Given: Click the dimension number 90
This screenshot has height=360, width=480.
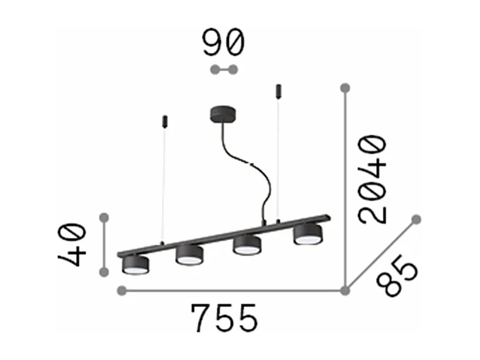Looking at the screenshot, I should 223,43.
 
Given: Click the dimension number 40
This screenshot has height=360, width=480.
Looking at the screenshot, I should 72,245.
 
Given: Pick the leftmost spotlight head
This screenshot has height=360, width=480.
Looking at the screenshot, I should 136,265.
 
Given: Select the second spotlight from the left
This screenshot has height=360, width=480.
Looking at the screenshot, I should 189,254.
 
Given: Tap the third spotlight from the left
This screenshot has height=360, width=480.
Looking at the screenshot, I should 247,244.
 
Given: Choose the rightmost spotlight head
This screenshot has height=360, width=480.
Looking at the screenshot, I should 307,234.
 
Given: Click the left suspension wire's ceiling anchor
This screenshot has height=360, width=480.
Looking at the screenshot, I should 164,120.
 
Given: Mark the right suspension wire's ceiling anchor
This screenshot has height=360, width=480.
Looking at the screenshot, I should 278,90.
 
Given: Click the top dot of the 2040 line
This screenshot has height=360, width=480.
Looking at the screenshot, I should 344,88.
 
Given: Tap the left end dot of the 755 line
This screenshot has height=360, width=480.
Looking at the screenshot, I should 121,291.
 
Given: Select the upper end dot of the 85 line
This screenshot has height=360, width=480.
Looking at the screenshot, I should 416,219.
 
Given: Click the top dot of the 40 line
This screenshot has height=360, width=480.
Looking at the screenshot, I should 104,217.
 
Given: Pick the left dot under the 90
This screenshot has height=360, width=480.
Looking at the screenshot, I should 214,70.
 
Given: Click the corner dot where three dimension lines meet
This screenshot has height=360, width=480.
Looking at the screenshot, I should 344,291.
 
